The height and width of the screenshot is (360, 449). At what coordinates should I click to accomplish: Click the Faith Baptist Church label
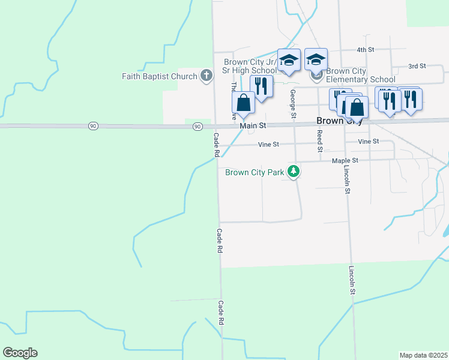point(159,76)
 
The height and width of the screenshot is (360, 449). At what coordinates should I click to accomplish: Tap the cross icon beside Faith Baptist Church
point(206,76)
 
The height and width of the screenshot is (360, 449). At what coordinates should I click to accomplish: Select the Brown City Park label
point(255,173)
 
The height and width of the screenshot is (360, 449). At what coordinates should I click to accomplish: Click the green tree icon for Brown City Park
point(294,172)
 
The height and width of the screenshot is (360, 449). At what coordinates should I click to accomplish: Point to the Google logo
point(20,353)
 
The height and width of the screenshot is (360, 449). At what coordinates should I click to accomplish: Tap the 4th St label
point(365,50)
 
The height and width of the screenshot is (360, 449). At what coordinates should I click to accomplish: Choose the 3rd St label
point(417,66)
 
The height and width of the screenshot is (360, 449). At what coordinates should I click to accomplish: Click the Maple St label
point(345,161)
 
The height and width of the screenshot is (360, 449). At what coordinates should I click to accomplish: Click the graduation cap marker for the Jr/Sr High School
point(289,60)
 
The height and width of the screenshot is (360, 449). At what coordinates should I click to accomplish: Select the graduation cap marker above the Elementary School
point(316,59)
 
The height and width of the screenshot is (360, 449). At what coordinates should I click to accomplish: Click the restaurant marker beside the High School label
point(261,85)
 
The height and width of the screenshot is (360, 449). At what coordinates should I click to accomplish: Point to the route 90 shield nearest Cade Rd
point(197,127)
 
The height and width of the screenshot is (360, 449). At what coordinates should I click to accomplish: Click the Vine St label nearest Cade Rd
point(268,145)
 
